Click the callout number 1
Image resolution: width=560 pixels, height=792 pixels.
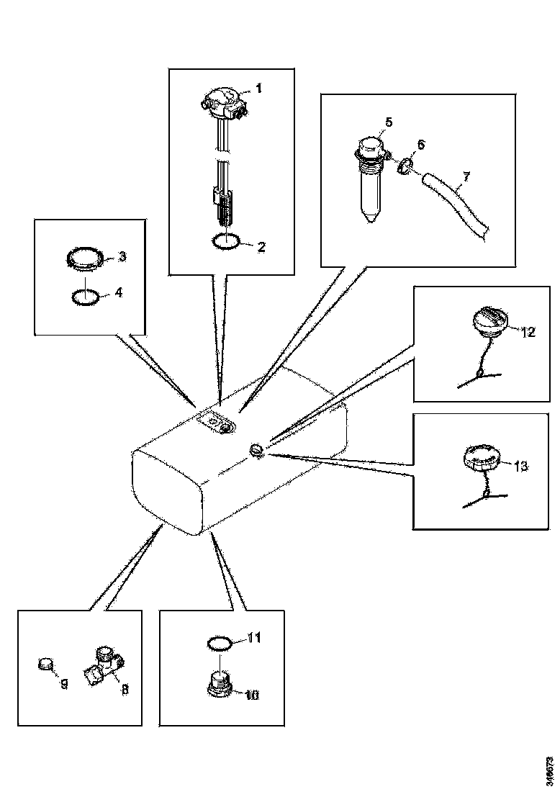click(x=258, y=89)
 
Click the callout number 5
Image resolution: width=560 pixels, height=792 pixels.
click(x=388, y=122)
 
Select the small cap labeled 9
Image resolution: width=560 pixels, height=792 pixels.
click(x=48, y=663)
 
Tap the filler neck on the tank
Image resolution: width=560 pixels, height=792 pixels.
click(x=258, y=450)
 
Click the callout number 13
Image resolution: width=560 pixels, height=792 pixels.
click(x=521, y=467)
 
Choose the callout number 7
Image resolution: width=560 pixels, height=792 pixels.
click(x=466, y=176)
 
